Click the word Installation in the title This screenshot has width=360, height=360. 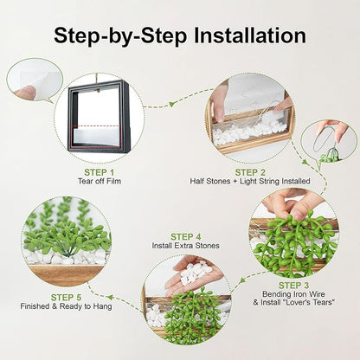click(x=250, y=35)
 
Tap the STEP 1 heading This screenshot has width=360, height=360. click(x=100, y=172)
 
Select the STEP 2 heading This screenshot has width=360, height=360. click(x=250, y=172)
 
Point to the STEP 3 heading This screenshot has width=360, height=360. click(x=293, y=286)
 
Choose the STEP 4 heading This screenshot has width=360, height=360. click(x=186, y=237)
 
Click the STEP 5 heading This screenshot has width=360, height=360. click(x=66, y=298)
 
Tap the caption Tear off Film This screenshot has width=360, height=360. click(x=100, y=181)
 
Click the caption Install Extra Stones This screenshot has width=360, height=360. click(x=185, y=246)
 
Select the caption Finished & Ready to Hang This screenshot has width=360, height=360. click(x=66, y=306)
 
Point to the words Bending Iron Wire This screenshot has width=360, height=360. click(x=293, y=294)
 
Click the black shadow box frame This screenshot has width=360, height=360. click(x=99, y=116)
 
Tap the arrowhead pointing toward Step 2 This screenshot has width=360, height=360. click(x=172, y=104)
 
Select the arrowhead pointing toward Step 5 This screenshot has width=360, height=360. click(x=110, y=297)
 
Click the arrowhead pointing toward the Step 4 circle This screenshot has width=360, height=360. click(x=243, y=280)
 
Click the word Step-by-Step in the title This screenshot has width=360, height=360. click(x=120, y=36)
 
